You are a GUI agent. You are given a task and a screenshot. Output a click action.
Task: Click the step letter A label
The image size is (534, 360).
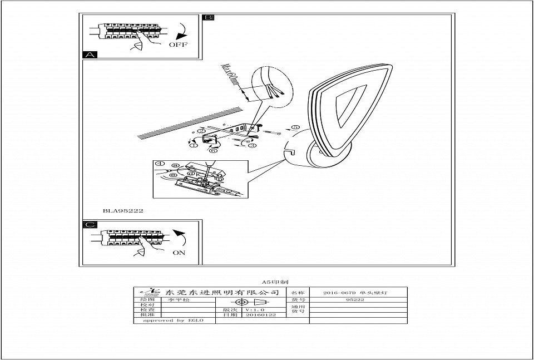click(90, 55)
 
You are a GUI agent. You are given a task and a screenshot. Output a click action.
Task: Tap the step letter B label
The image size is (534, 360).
click(208, 18)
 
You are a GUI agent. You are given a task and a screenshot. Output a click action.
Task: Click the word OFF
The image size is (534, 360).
click(178, 45)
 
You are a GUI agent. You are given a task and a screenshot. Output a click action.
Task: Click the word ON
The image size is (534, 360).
click(179, 252)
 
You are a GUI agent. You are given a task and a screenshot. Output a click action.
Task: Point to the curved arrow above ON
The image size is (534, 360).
click(179, 238)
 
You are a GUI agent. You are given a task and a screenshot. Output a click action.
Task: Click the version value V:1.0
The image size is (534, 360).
click(255, 309)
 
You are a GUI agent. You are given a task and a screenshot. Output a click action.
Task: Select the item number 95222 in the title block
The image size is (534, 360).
click(355, 299)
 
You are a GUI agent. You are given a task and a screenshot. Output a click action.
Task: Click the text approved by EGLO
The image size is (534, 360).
click(173, 320)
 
